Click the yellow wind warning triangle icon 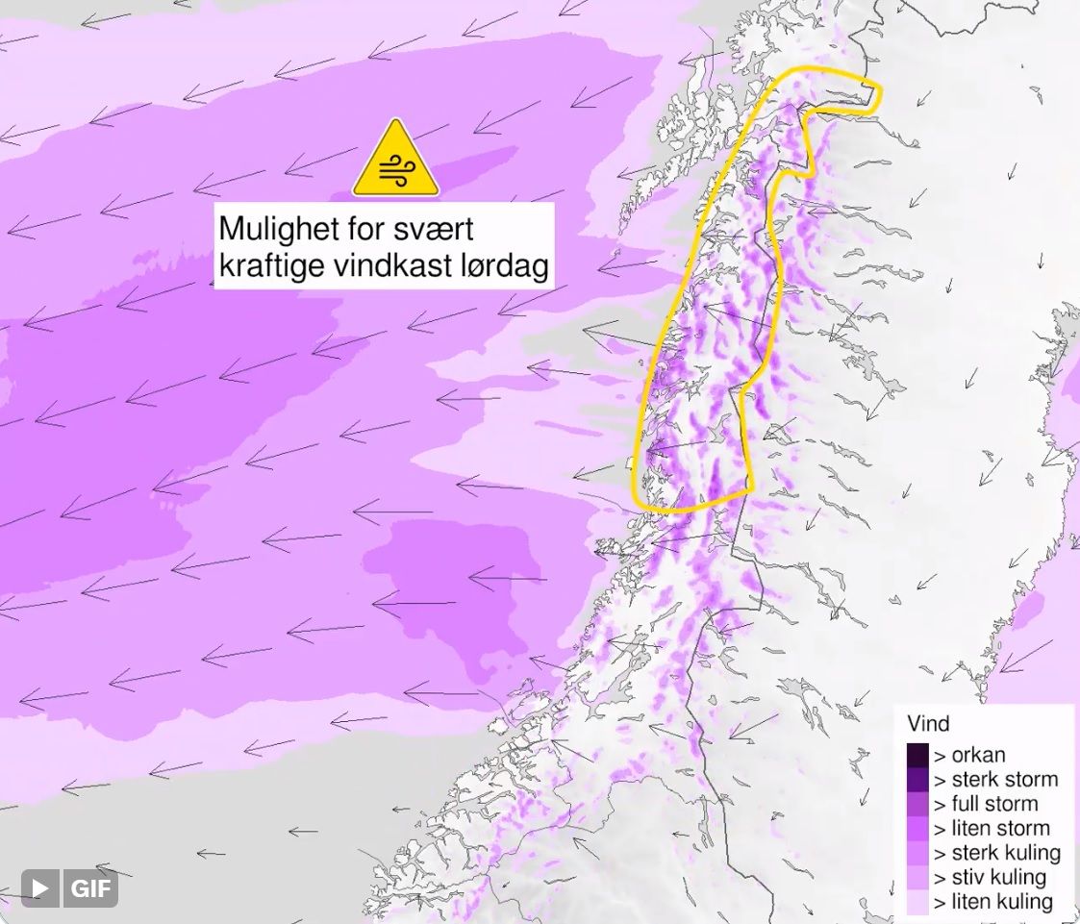click(x=395, y=160)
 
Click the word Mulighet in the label click(x=273, y=230)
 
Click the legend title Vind click(x=928, y=724)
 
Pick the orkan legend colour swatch click(x=917, y=755)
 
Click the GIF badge click(x=91, y=887)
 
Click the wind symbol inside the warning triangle click(x=395, y=169)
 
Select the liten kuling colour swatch click(x=917, y=902)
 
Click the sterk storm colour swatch click(x=917, y=779)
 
